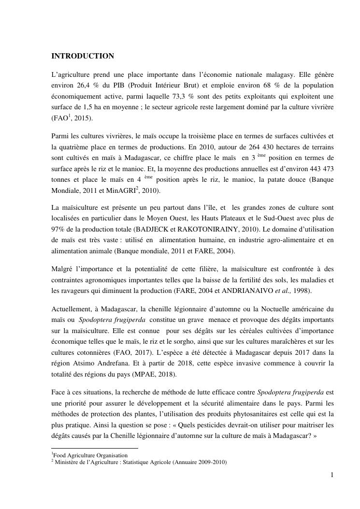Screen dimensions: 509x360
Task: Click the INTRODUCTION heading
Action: [83, 56]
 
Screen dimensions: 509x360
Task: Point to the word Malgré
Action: [62, 269]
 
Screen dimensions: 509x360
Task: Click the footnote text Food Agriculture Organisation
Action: [90, 455]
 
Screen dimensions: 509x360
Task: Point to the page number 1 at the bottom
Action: [332, 475]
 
